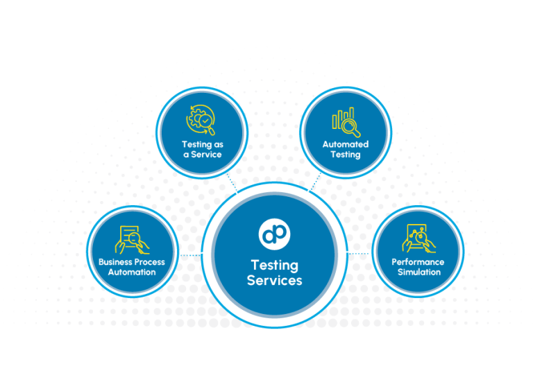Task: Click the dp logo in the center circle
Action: click(273, 234)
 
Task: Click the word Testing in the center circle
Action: click(274, 266)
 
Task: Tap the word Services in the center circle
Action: click(274, 281)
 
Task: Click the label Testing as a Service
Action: click(202, 149)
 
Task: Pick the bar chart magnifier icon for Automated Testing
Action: click(346, 121)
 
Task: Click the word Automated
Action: click(346, 144)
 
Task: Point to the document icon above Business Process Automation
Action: click(130, 238)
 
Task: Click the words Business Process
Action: click(132, 262)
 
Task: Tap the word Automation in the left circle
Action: click(132, 272)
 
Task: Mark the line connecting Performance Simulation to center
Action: click(359, 253)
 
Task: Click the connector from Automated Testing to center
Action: click(316, 182)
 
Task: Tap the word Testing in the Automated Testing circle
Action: click(346, 155)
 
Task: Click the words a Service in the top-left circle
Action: click(202, 155)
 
